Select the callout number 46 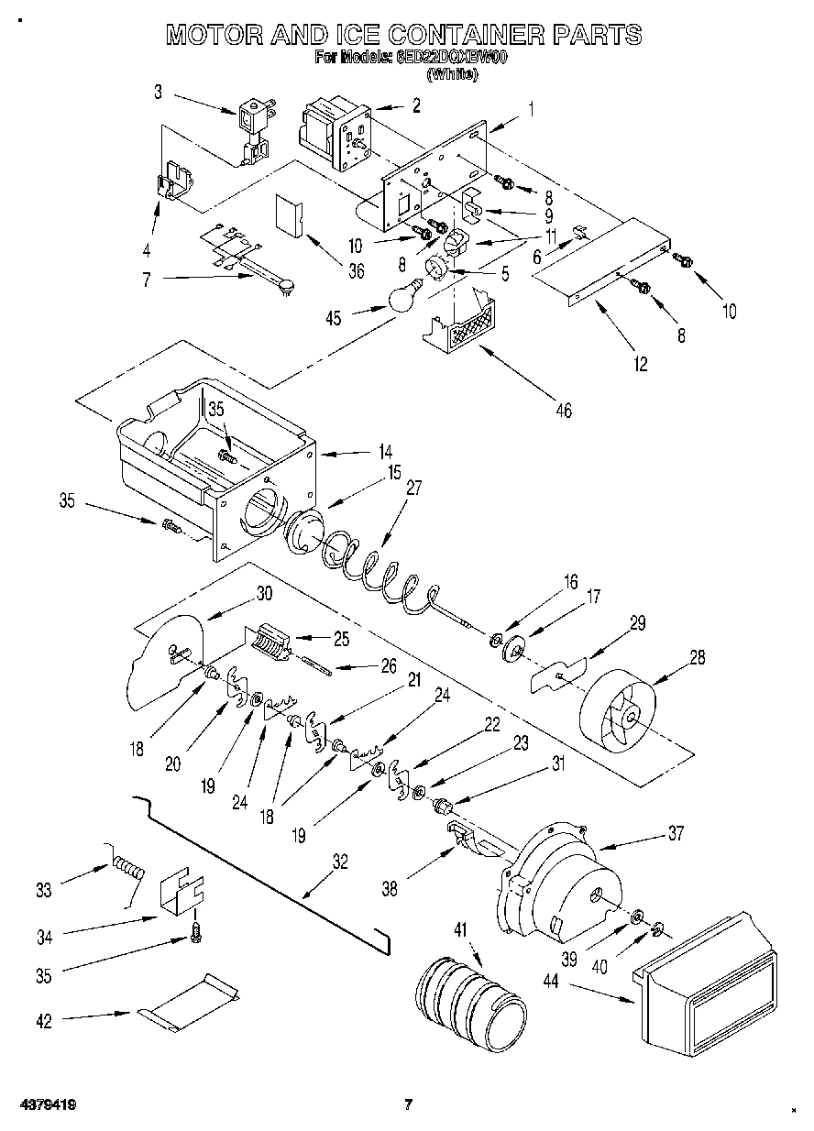coord(563,411)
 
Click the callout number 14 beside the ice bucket coord(384,452)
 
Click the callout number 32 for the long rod coord(340,861)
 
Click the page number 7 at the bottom coord(409,1104)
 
